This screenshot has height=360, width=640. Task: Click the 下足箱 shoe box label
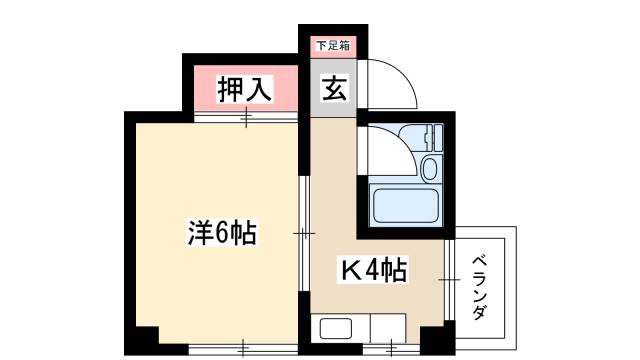(x=333, y=45)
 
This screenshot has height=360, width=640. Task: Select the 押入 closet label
(x=245, y=89)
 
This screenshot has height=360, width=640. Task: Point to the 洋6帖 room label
(x=222, y=234)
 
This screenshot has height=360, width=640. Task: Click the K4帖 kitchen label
(x=375, y=269)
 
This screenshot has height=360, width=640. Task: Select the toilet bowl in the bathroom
(x=431, y=167)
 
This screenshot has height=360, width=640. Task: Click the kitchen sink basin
(x=335, y=329)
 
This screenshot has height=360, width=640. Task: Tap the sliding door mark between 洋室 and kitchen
(x=303, y=234)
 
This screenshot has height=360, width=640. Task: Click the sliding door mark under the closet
(x=245, y=117)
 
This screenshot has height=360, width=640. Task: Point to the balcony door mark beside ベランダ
(x=453, y=283)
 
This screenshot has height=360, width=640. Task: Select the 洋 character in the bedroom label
(x=199, y=234)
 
